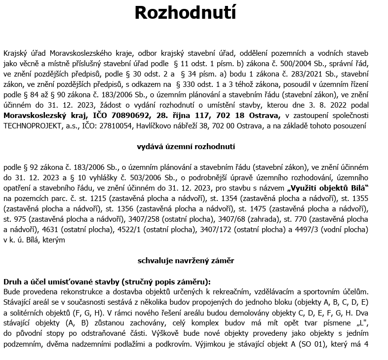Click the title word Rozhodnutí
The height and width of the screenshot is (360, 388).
click(x=185, y=13)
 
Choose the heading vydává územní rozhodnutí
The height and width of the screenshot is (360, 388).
click(x=186, y=147)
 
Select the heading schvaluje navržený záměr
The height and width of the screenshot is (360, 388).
click(x=186, y=260)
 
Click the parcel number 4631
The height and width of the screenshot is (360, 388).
click(x=50, y=230)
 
